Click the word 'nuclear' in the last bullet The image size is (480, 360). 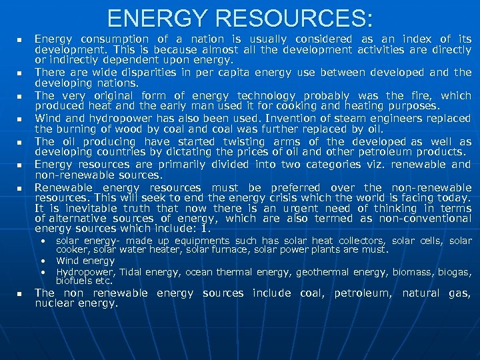tap(55, 303)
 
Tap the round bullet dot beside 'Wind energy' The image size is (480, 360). tap(43, 261)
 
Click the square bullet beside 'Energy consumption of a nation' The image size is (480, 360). tap(20, 39)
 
